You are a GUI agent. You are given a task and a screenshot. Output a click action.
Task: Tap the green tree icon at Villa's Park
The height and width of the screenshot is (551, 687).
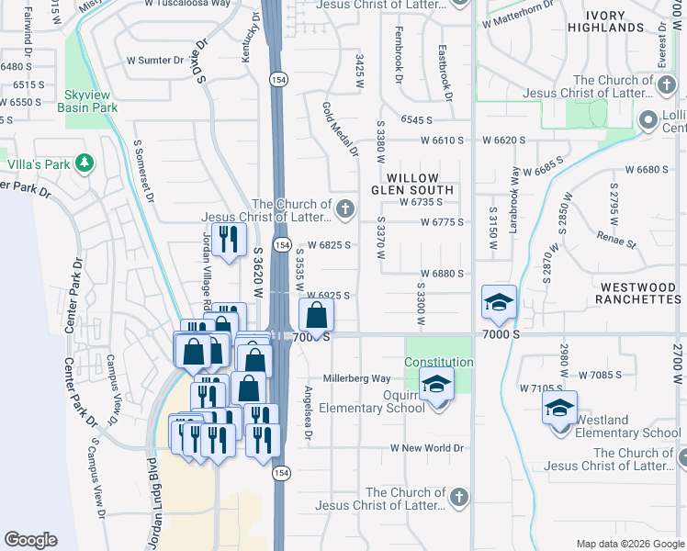click(x=84, y=163)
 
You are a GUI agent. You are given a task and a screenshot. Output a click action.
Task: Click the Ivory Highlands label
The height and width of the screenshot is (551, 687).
click(x=630, y=21)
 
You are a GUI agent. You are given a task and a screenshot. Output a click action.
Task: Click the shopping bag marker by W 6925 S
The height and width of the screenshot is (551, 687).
click(x=316, y=316)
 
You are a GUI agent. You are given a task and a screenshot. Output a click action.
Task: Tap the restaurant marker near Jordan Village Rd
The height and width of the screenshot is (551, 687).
click(x=229, y=239)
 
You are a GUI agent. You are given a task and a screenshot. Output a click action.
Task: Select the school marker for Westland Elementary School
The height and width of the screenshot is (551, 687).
click(x=559, y=408)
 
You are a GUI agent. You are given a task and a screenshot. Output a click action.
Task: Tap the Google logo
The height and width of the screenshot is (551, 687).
click(x=30, y=540)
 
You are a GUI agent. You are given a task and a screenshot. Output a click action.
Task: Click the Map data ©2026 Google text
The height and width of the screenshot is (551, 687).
click(x=630, y=544)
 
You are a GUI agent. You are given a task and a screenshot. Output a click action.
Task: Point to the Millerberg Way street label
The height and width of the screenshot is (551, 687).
click(x=357, y=378)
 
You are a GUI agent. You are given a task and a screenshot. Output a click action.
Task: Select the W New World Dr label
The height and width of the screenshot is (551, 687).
click(x=428, y=448)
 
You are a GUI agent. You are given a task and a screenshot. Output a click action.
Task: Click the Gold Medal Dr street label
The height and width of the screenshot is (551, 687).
click(x=339, y=129)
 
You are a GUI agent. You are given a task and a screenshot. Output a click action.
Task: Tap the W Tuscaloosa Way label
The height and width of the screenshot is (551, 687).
click(x=187, y=4)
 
